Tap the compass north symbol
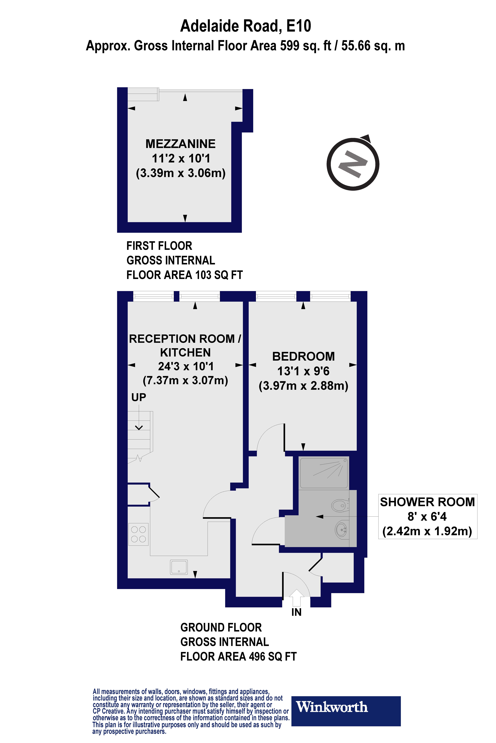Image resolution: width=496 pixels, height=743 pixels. pos(353,164)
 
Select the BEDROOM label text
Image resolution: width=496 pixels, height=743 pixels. pos(303,356)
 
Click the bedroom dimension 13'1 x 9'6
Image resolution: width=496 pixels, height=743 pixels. pos(303,371)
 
